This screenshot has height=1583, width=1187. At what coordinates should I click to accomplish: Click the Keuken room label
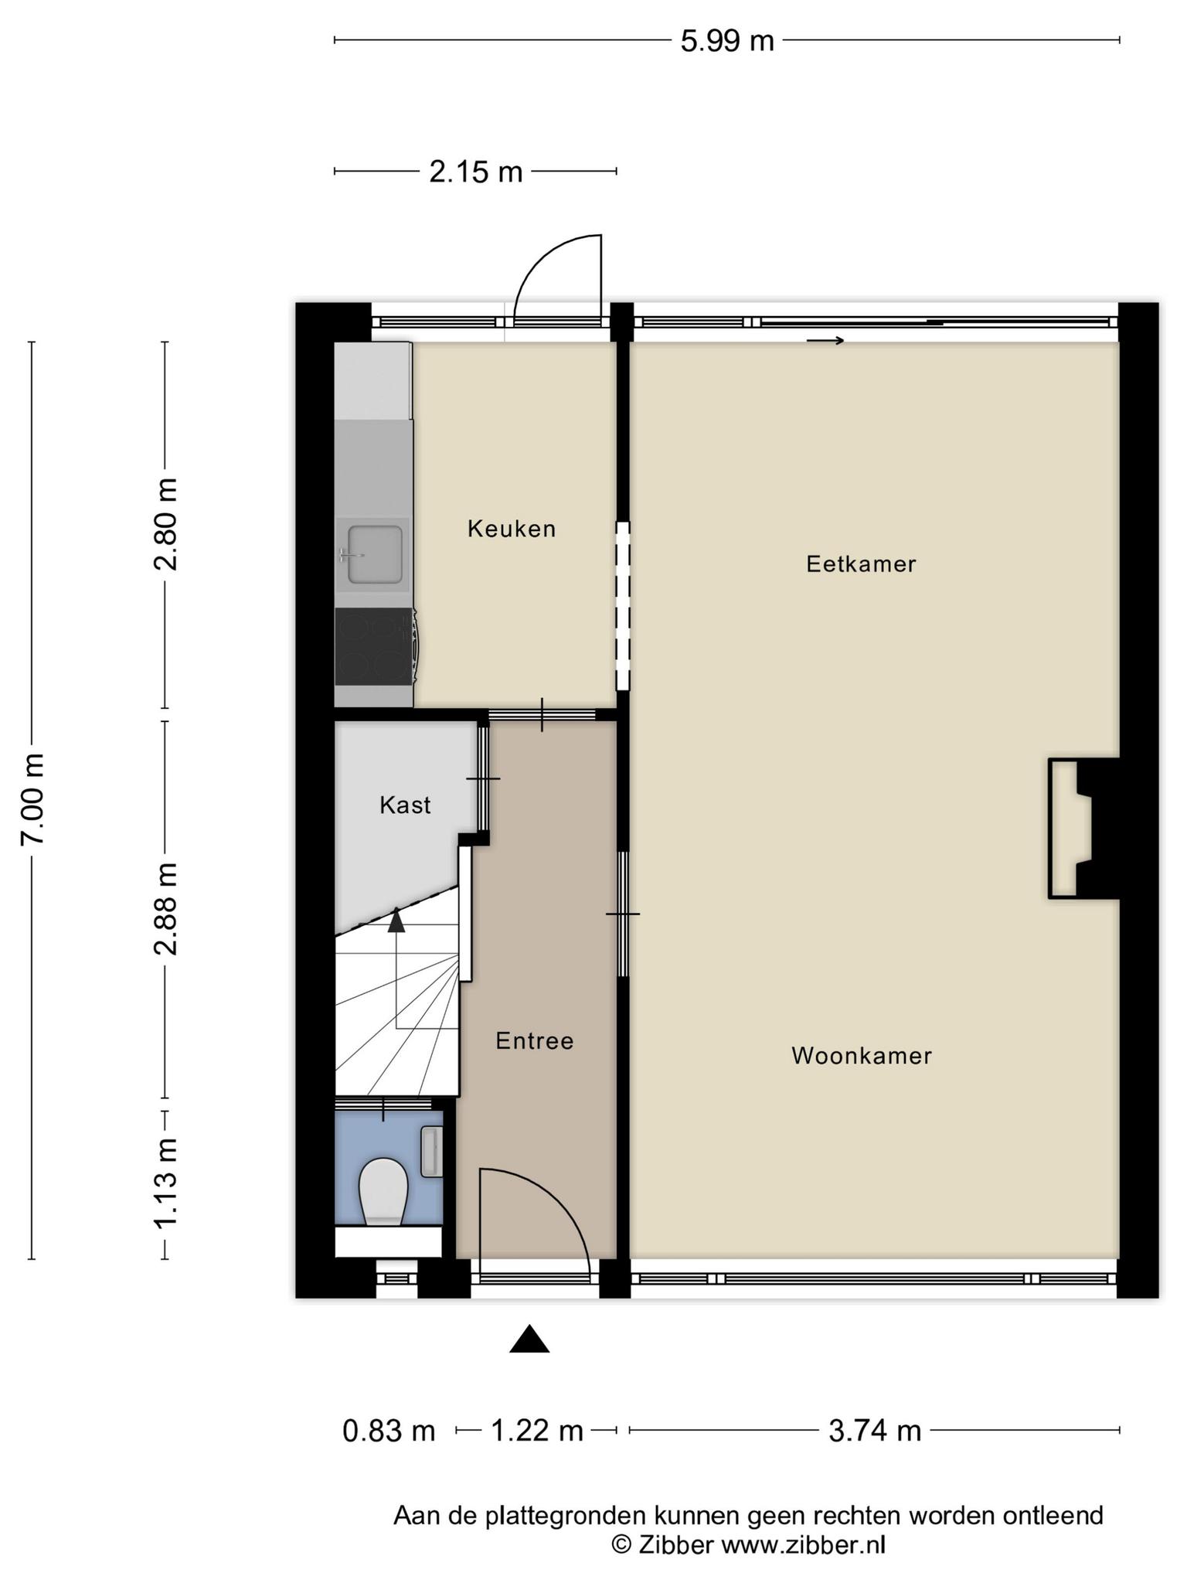click(512, 529)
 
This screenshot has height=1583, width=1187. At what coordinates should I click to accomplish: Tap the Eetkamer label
click(861, 564)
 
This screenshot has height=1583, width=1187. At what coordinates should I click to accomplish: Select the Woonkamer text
click(862, 1056)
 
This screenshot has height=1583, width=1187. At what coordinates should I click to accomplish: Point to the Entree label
click(535, 1041)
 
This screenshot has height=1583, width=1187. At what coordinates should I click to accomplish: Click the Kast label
click(405, 805)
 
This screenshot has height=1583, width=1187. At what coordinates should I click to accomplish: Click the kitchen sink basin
click(375, 553)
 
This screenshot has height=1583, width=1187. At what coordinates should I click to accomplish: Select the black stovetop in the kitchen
click(375, 646)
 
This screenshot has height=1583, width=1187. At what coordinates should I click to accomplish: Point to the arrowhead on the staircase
click(396, 921)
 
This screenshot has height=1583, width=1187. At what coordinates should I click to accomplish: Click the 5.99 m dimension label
click(727, 41)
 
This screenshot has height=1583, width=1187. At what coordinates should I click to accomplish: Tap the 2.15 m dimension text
click(476, 172)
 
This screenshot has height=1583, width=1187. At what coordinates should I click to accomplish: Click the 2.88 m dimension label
click(166, 909)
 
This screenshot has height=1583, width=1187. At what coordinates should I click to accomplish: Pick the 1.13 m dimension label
click(166, 1183)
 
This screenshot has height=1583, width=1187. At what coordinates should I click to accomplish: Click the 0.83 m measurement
click(389, 1431)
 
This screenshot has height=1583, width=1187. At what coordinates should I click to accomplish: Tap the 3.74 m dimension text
click(875, 1431)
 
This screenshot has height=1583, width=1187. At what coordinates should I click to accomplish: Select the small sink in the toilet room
click(431, 1152)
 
